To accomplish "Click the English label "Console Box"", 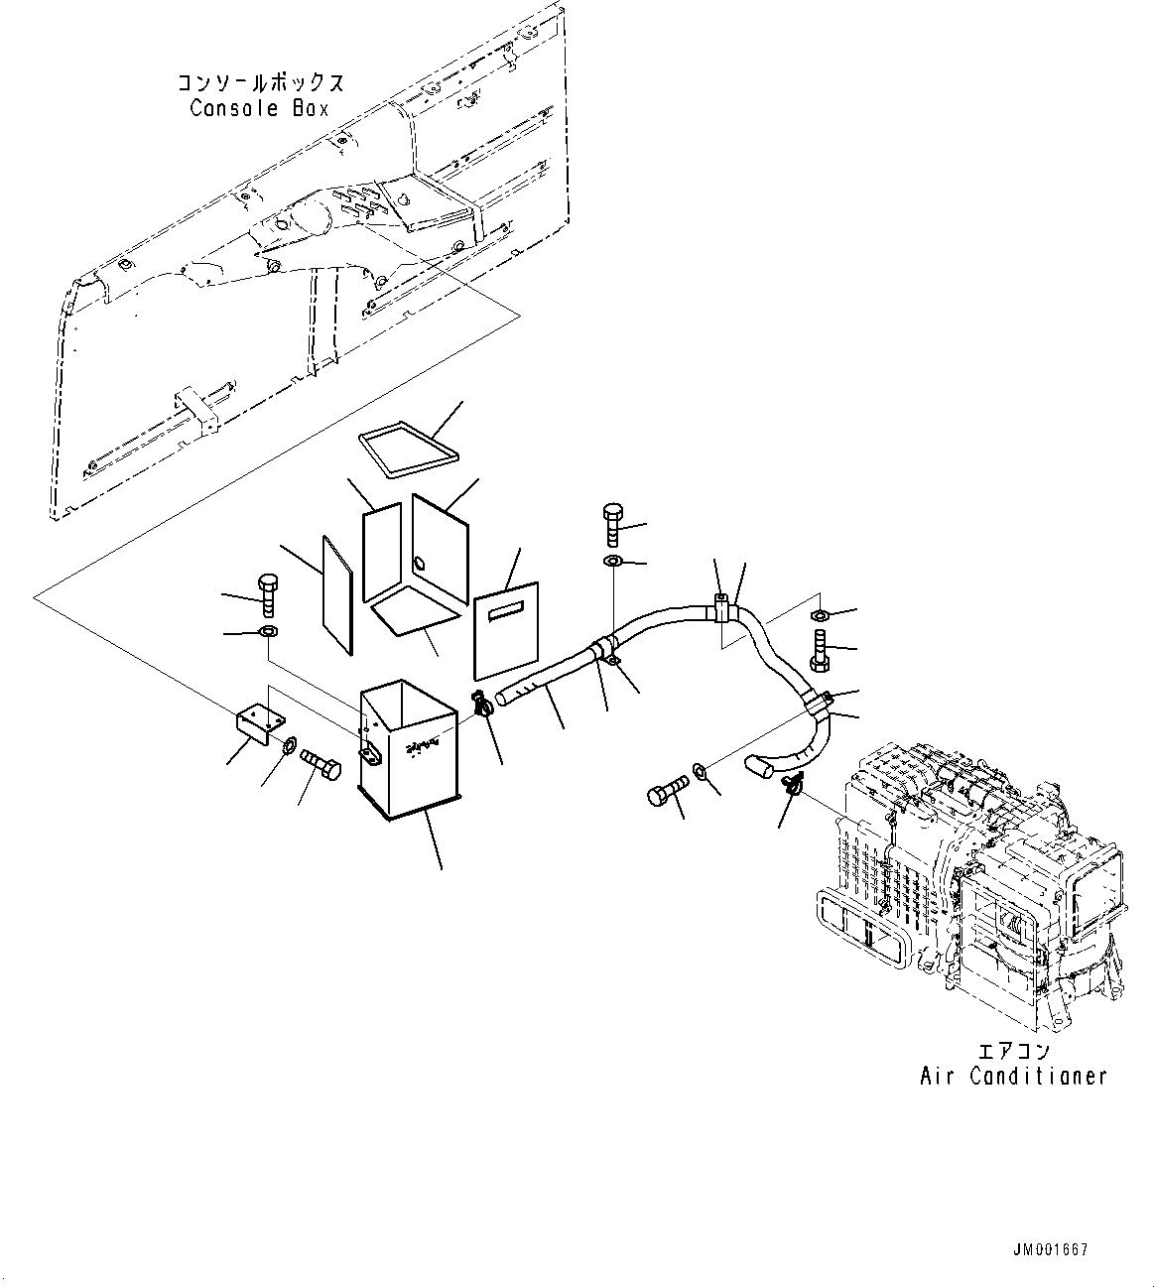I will [259, 108].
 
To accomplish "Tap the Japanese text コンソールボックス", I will [261, 83].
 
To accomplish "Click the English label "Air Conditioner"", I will [1012, 1076].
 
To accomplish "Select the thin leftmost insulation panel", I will [338, 595].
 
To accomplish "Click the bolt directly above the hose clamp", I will [610, 523].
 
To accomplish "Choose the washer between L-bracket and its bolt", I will [290, 744].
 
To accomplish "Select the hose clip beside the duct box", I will [482, 706].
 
